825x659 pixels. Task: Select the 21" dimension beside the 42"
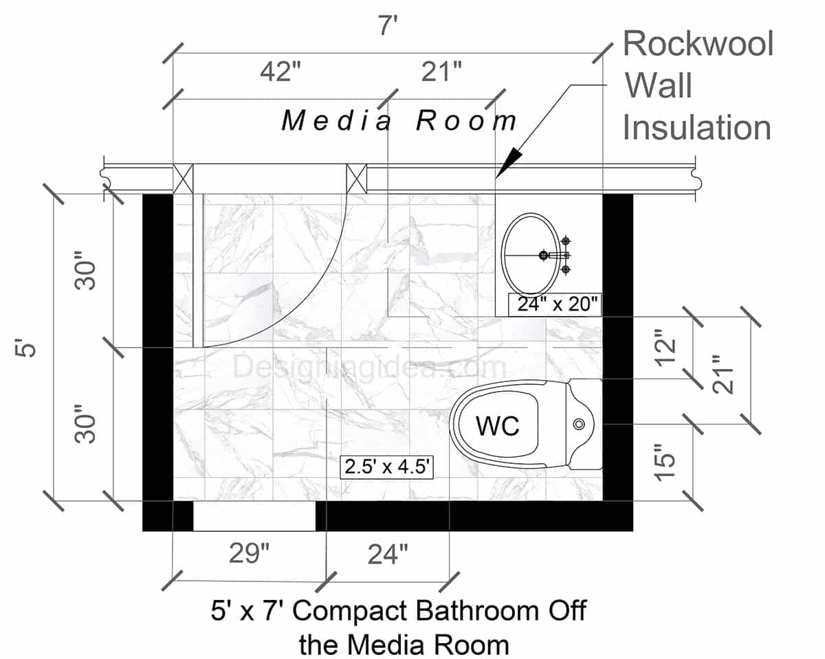point(441,72)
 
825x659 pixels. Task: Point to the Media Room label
point(399,122)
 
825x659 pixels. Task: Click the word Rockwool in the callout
point(698,44)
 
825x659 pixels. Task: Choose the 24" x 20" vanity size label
point(555,304)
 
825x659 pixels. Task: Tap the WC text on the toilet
point(498,426)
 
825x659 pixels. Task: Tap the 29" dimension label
point(248,553)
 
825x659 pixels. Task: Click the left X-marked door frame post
point(183,178)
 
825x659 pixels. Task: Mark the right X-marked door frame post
point(356,178)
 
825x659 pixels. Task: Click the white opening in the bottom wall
point(254,516)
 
